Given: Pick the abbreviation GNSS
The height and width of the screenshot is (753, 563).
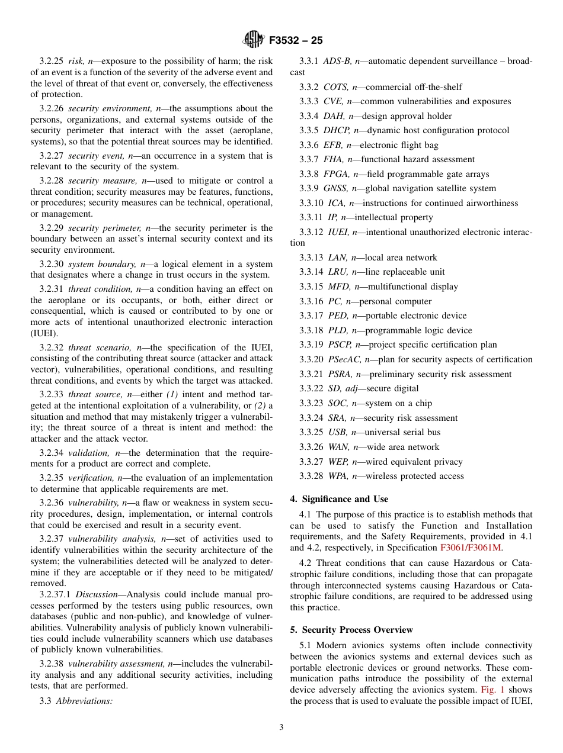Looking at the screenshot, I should (336, 188).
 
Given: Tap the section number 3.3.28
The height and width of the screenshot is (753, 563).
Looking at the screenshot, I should (311, 476).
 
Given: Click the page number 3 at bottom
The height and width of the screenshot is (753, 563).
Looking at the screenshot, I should (281, 728).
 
